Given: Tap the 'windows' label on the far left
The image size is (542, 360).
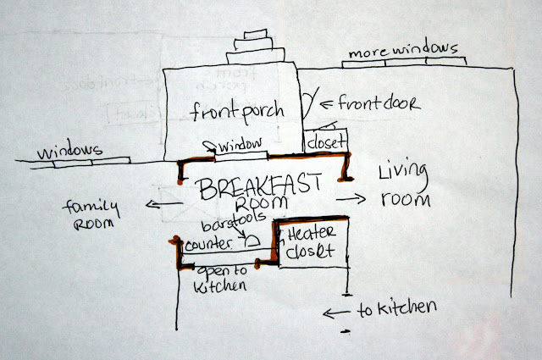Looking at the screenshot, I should tap(64, 151).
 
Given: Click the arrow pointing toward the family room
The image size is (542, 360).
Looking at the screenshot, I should tap(153, 203).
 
